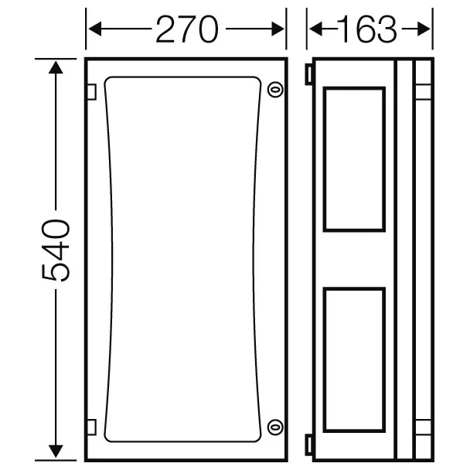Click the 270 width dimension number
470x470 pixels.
click(187, 29)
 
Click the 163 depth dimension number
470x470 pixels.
click(367, 29)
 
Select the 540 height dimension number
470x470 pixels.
click(56, 250)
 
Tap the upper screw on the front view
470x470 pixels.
click(275, 89)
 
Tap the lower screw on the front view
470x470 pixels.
click(275, 427)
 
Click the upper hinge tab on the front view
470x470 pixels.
click(91, 92)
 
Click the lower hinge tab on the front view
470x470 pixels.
click(91, 427)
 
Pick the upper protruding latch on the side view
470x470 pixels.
click(309, 74)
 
